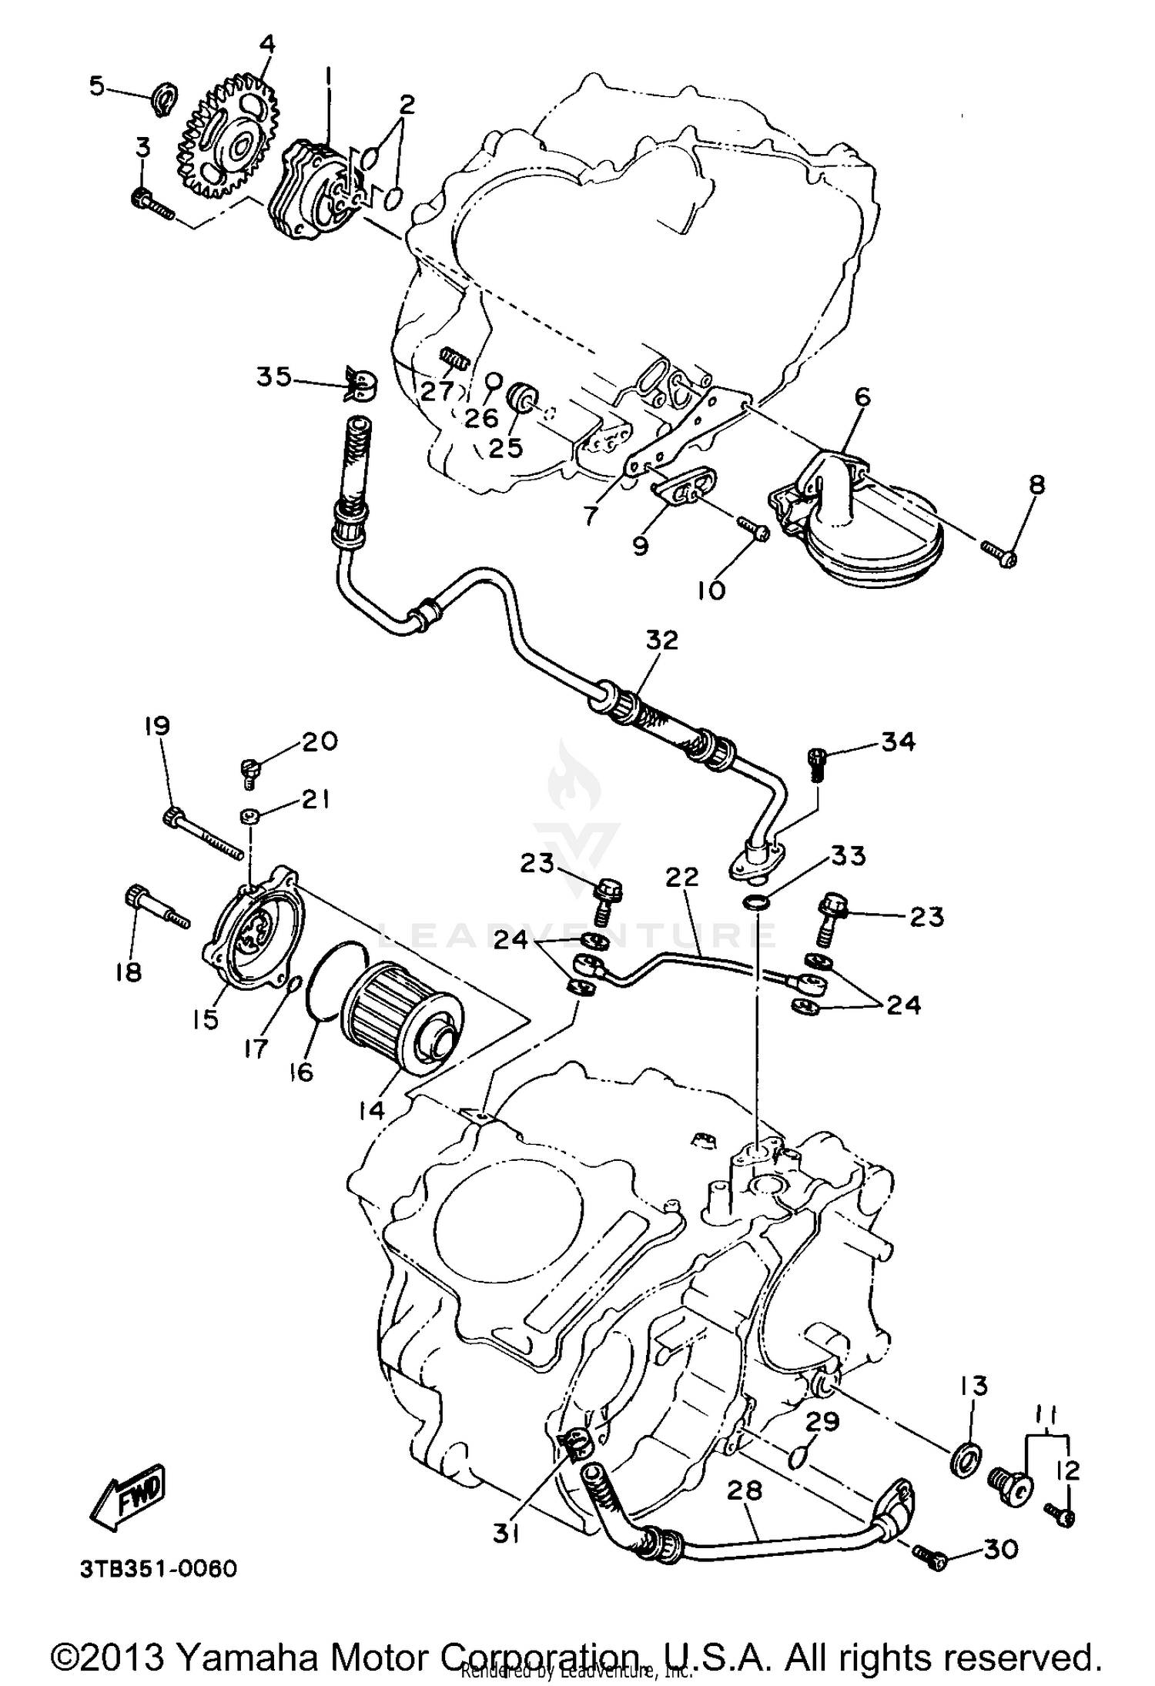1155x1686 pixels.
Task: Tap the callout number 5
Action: pos(97,86)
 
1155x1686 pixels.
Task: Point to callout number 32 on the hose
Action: pos(662,640)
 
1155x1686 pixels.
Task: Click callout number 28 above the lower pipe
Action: pos(745,1490)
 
